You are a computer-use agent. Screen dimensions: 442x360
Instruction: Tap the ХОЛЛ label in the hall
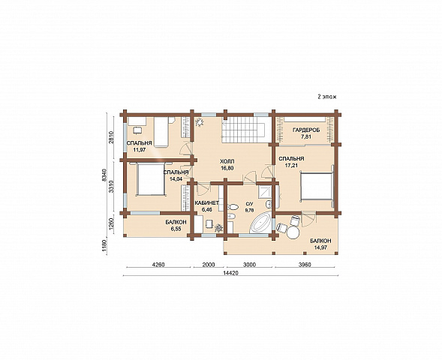tap(227, 161)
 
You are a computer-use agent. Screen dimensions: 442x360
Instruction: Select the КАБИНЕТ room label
tap(207, 202)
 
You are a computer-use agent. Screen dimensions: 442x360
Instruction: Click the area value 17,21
tap(291, 165)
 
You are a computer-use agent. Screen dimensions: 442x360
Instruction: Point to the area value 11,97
tap(140, 149)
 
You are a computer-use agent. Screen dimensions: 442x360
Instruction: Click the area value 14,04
tap(176, 178)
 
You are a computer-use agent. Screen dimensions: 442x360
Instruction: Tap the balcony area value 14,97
tap(320, 247)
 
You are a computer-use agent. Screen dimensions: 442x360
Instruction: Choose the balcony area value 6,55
tap(176, 229)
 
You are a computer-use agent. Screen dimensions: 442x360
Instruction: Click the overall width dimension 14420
tap(230, 273)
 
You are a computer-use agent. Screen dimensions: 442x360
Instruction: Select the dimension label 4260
tap(158, 265)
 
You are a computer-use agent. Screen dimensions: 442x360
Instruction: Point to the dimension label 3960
tap(305, 265)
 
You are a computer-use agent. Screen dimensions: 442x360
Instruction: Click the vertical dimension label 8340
tap(104, 175)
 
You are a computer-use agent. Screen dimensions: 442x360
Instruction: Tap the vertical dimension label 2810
tap(111, 137)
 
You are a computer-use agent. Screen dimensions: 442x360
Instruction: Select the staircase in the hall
tap(243, 130)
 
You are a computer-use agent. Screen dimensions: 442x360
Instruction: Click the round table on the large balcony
tap(293, 232)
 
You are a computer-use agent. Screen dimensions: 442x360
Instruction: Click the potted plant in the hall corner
tap(200, 122)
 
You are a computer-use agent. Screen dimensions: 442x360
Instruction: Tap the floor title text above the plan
tap(327, 97)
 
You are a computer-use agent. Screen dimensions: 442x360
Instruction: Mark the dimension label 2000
tap(209, 265)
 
